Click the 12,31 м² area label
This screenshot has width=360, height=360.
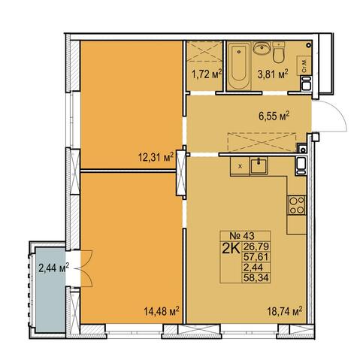pyautogui.click(x=156, y=157)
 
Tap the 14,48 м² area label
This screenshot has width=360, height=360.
pyautogui.click(x=162, y=311)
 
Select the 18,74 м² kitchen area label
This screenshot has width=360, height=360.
pyautogui.click(x=285, y=311)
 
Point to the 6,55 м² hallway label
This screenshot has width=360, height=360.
pyautogui.click(x=274, y=116)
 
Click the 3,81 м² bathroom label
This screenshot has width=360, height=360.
pyautogui.click(x=273, y=74)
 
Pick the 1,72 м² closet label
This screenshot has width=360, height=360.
pyautogui.click(x=207, y=74)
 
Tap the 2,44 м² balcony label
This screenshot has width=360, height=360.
pyautogui.click(x=53, y=268)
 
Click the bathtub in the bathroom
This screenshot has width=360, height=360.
pyautogui.click(x=239, y=66)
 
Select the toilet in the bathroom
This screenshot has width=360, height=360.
pyautogui.click(x=279, y=53)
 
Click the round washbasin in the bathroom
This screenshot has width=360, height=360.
pyautogui.click(x=262, y=48)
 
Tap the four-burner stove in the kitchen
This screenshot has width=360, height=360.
pyautogui.click(x=297, y=205)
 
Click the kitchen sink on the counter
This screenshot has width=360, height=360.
pyautogui.click(x=259, y=165)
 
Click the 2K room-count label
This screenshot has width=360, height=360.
pyautogui.click(x=231, y=249)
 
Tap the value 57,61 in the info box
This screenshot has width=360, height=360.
pyautogui.click(x=256, y=257)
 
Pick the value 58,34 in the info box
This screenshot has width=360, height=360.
pyautogui.click(x=256, y=278)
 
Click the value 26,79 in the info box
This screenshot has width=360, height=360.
pyautogui.click(x=256, y=247)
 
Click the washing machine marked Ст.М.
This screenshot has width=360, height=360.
pyautogui.click(x=304, y=65)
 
